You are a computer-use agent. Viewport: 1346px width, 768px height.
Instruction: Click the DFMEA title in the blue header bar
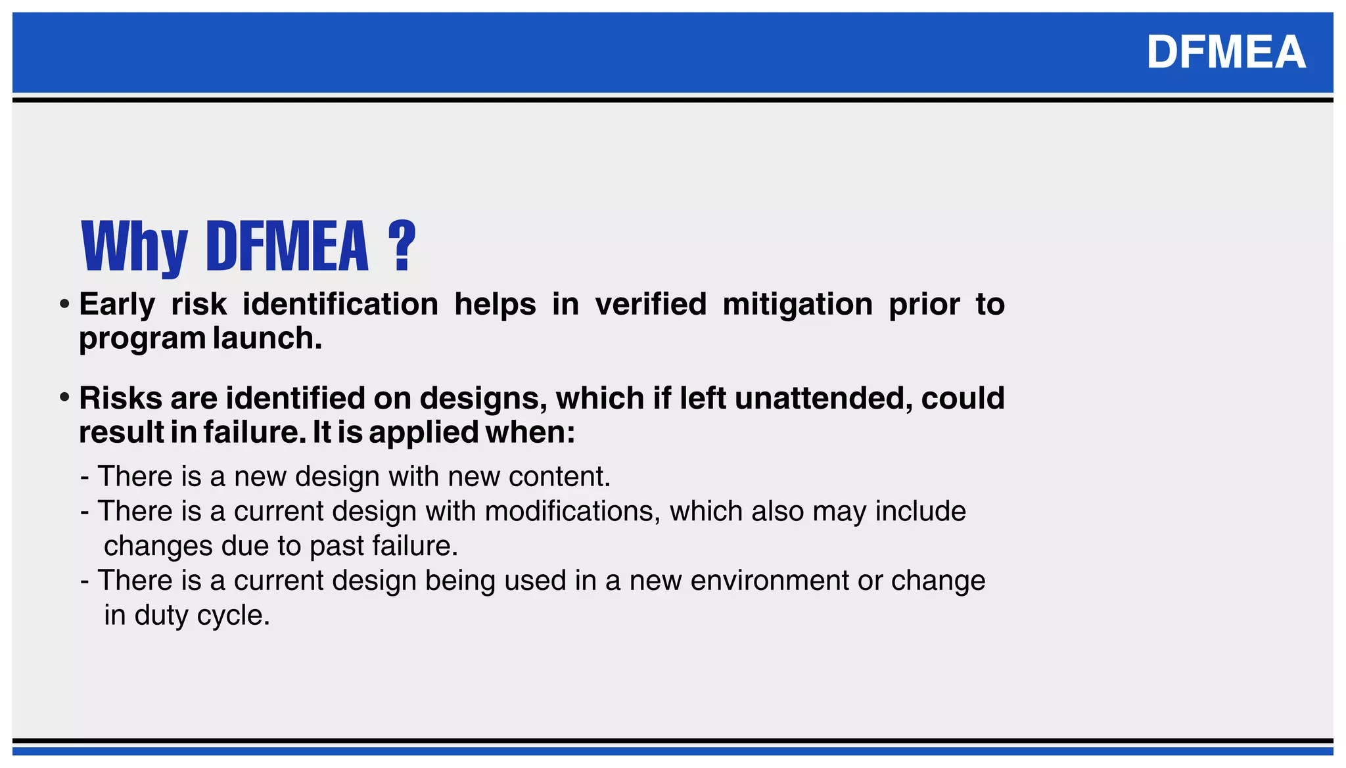click(1226, 53)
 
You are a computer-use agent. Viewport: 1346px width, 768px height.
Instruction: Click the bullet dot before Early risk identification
click(64, 305)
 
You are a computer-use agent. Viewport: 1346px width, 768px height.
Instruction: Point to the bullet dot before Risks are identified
click(64, 398)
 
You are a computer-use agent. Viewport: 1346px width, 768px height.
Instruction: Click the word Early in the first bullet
click(117, 305)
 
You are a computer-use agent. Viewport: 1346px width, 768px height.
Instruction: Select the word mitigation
click(797, 305)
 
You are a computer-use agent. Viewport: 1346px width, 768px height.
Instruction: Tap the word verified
click(651, 304)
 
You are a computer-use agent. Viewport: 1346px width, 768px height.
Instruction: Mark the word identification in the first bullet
click(340, 304)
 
